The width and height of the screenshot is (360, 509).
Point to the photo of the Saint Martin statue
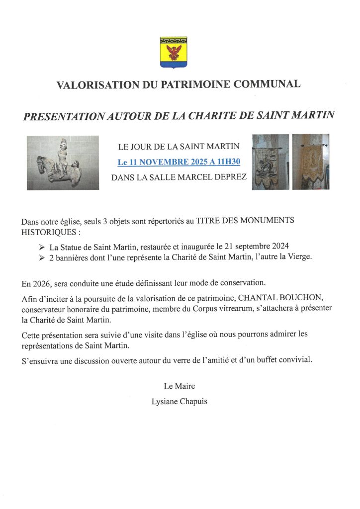tap(63, 163)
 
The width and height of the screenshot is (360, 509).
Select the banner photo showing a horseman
tap(270, 162)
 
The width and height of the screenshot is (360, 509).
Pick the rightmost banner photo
tap(310, 162)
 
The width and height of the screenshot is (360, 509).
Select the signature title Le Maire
tap(179, 386)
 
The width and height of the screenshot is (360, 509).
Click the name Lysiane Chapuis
tap(179, 401)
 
